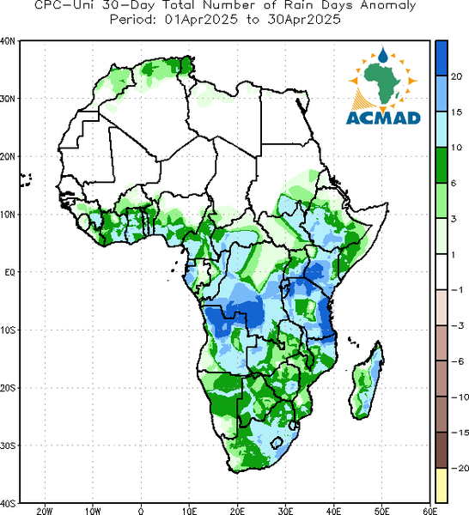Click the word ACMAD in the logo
pyautogui.click(x=383, y=118)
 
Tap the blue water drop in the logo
pyautogui.click(x=383, y=55)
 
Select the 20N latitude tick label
pyautogui.click(x=8, y=157)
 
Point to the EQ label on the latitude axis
pyautogui.click(x=9, y=272)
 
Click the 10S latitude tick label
pyautogui.click(x=8, y=330)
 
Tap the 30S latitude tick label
pyautogui.click(x=8, y=445)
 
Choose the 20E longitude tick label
pyautogui.click(x=237, y=511)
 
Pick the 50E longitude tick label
pyautogui.click(x=382, y=511)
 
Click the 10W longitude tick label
pyautogui.click(x=93, y=511)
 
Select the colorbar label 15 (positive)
pyautogui.click(x=456, y=112)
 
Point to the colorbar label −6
pyautogui.click(x=457, y=361)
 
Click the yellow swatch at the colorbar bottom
pyautogui.click(x=442, y=485)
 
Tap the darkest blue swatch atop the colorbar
pyautogui.click(x=442, y=58)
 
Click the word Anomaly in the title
pyautogui.click(x=388, y=6)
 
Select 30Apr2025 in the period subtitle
pyautogui.click(x=304, y=20)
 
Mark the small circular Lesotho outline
pyautogui.click(x=277, y=442)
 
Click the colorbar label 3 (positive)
pyautogui.click(x=454, y=219)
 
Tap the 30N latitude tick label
pyautogui.click(x=8, y=99)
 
